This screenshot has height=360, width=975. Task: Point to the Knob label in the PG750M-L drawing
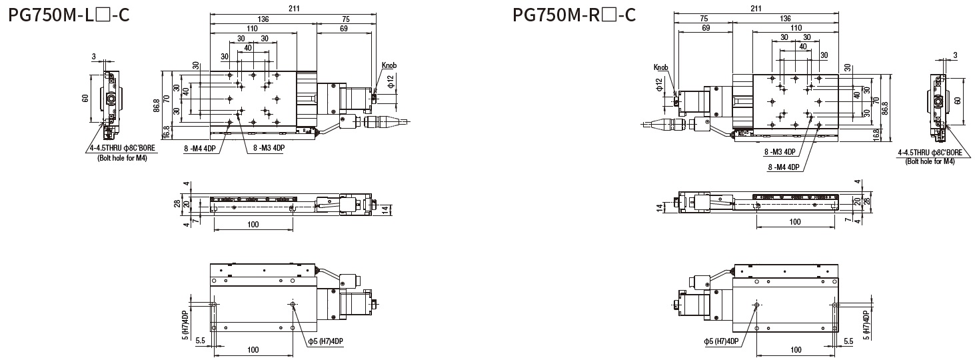pyautogui.click(x=389, y=65)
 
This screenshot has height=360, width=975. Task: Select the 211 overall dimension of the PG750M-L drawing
pyautogui.click(x=293, y=8)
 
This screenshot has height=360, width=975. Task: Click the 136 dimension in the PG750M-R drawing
pyautogui.click(x=784, y=19)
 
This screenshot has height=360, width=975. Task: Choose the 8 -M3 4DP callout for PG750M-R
pyautogui.click(x=780, y=151)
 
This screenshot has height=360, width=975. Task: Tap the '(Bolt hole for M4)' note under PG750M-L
pyautogui.click(x=117, y=157)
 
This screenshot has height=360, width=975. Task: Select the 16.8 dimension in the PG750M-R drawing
pyautogui.click(x=892, y=135)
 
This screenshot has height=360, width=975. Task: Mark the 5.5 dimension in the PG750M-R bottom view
pyautogui.click(x=848, y=341)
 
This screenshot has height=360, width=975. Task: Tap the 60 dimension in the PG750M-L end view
pyautogui.click(x=85, y=99)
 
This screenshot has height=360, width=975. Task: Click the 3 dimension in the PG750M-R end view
pyautogui.click(x=956, y=55)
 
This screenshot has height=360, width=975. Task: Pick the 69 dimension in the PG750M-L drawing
pyautogui.click(x=343, y=29)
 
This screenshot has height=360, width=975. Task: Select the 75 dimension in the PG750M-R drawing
pyautogui.click(x=704, y=19)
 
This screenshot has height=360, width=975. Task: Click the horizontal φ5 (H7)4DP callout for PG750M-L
pyautogui.click(x=326, y=341)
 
